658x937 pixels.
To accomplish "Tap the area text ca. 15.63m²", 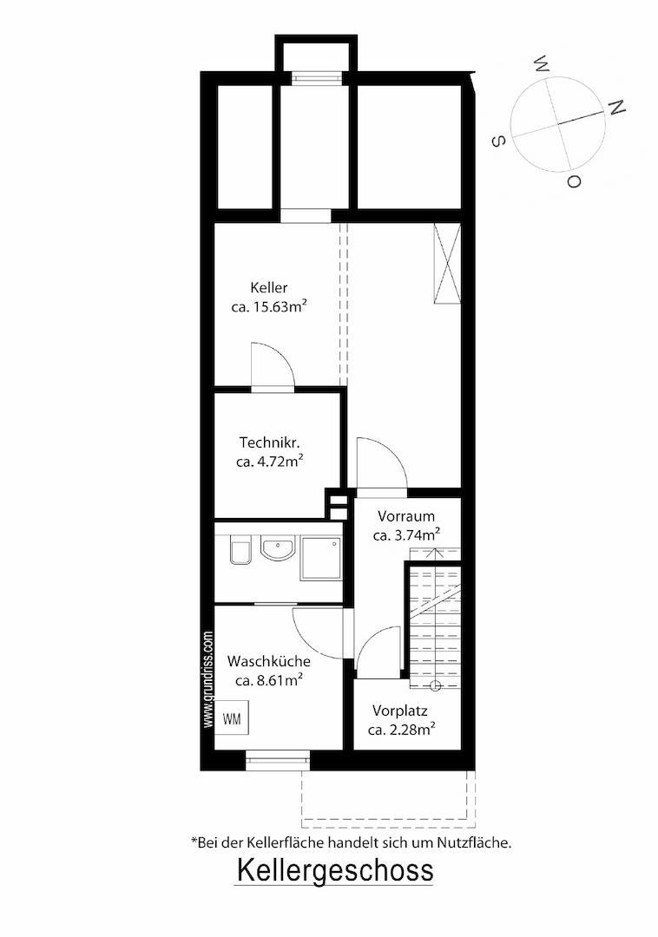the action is point(269,306).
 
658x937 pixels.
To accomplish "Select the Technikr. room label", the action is point(269,442).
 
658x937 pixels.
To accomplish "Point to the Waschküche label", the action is point(269,661).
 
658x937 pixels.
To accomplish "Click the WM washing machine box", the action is point(233,717).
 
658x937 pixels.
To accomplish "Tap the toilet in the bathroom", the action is point(240,550).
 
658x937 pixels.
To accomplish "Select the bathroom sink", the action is point(277,548).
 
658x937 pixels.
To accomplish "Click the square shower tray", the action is point(321,558).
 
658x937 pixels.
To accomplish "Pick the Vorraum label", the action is point(406,515).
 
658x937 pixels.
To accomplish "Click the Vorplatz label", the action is point(400,711).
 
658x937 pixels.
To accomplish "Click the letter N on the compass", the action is point(616,108).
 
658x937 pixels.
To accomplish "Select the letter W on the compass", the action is point(542,63).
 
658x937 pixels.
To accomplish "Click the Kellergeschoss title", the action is point(335,870).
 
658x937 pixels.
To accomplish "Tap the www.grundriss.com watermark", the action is point(208,679).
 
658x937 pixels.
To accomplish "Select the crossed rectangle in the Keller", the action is point(447,264).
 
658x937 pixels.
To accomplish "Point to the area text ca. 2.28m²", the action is point(401,730).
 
